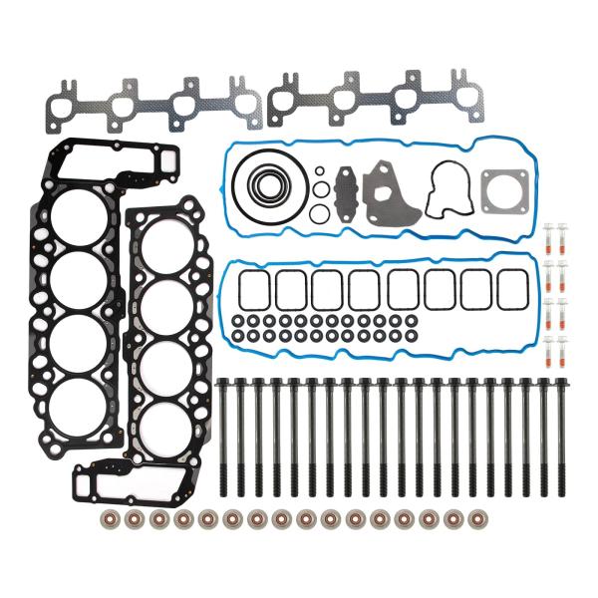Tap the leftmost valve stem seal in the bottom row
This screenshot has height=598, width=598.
(x=109, y=519)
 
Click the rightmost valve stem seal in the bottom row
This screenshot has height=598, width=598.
(x=483, y=519)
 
